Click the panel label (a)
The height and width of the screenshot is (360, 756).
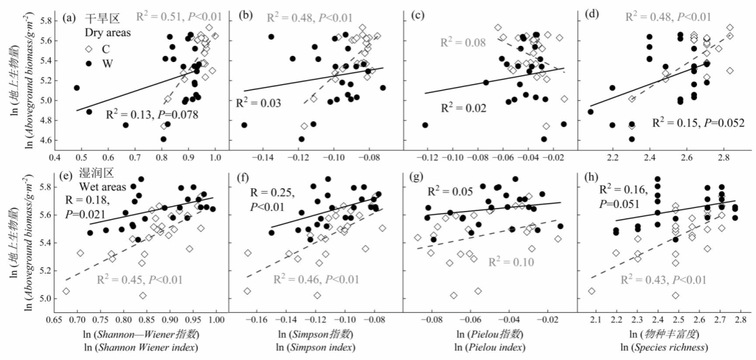pyautogui.click(x=69, y=18)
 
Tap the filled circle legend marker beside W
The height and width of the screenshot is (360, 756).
pyautogui.click(x=89, y=63)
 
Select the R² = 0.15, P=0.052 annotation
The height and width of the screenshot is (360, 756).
pyautogui.click(x=698, y=123)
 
